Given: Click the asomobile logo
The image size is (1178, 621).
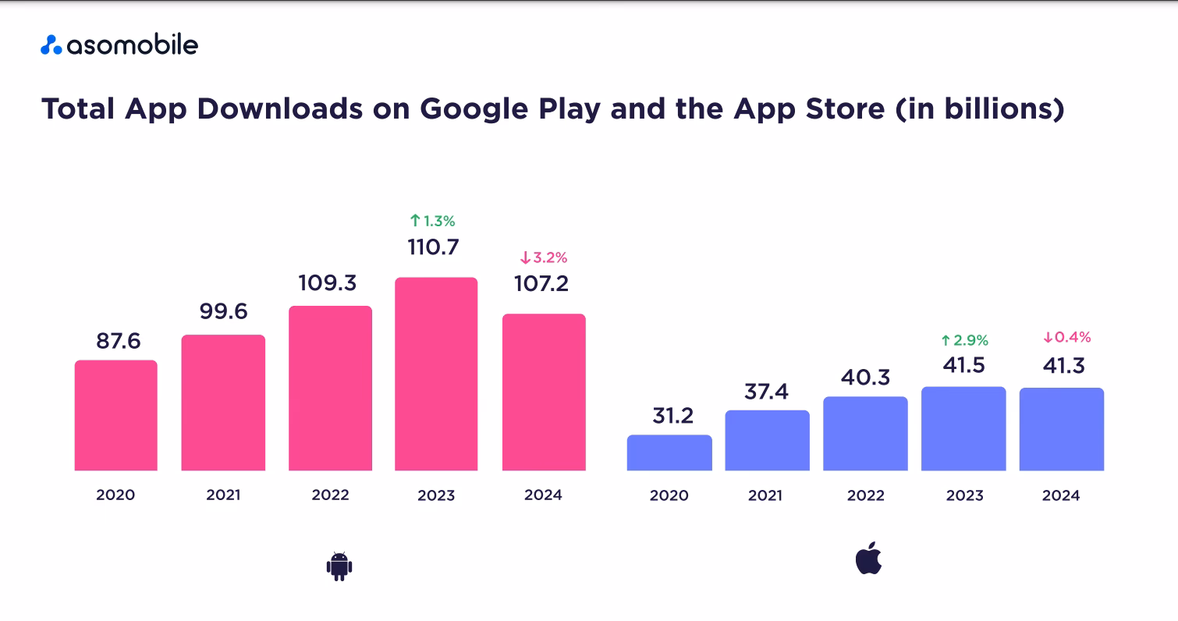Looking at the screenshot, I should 119,45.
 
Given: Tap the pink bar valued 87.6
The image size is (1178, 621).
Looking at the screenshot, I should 116,415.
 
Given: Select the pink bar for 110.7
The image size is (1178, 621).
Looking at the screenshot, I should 436,374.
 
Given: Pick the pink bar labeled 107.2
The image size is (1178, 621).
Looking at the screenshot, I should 544,392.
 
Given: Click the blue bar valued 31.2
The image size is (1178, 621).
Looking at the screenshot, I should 669,452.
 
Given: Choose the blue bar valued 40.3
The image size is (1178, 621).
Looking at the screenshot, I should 865,433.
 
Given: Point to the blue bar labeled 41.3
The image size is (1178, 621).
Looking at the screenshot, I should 1062,429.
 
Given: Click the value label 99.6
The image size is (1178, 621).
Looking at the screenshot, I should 223,312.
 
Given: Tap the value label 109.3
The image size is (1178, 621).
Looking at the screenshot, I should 329,282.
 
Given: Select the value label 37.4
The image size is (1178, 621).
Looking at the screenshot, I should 766,391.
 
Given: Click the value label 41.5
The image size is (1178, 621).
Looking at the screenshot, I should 963,365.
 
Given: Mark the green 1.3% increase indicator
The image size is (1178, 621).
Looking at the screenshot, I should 432,221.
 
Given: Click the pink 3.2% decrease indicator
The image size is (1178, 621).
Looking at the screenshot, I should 544,257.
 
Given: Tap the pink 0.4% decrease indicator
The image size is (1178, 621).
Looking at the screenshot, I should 1066,338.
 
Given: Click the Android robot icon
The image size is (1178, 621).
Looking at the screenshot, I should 339,566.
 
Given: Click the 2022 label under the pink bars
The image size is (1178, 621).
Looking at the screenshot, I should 330,495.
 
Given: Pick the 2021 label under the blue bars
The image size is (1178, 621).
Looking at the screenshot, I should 767,495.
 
